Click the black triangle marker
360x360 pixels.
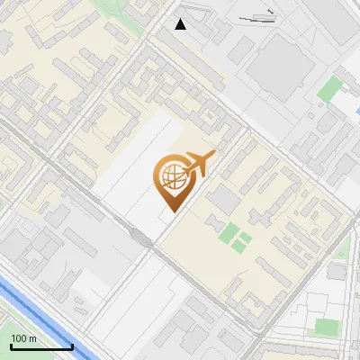[181, 24]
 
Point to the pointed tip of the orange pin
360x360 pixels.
[171, 211]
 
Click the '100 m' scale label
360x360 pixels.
[23, 338]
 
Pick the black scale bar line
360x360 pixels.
[41, 346]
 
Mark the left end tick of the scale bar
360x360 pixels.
[11, 346]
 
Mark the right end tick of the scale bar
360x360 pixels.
[72, 346]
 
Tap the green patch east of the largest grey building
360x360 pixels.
[331, 88]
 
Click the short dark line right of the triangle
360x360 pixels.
[260, 17]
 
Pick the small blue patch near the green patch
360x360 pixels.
[343, 81]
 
